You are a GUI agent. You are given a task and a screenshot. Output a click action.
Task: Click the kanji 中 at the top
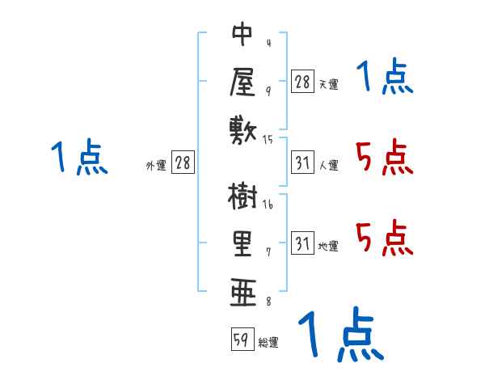[242, 35]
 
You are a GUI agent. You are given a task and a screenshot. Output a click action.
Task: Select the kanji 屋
[242, 81]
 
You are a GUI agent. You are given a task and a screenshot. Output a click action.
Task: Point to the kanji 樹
[242, 197]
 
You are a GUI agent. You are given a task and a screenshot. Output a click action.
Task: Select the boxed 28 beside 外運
[183, 163]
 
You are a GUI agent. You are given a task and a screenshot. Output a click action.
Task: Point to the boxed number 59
[241, 340]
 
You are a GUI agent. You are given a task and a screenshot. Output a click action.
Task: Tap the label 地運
[329, 247]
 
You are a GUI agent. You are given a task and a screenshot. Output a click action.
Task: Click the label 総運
[268, 343]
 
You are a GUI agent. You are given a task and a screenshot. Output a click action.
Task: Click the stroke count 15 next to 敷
[268, 140]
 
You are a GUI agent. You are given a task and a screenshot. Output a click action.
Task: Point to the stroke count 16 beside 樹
[268, 205]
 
